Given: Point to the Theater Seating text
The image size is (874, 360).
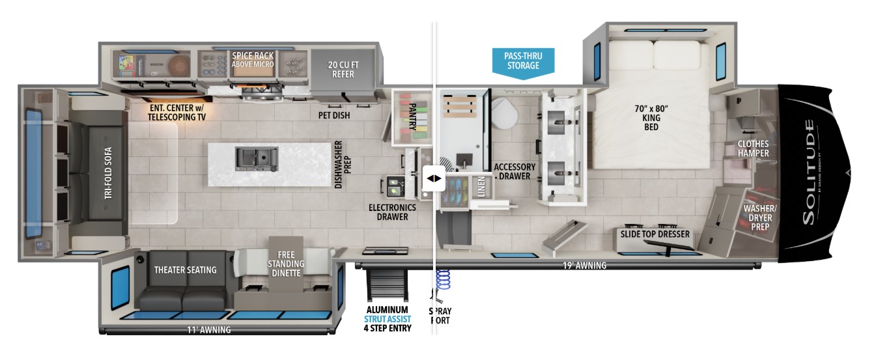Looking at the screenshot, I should tap(185, 270).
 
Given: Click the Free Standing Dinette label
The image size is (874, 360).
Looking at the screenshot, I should tap(286, 263).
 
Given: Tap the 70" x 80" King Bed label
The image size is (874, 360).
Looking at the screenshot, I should tap(651, 117).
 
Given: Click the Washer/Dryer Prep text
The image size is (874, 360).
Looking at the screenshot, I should tap(755, 218).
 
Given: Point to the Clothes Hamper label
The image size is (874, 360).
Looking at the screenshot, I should tap(753, 148).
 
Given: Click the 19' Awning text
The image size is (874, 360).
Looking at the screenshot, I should tap(585, 265).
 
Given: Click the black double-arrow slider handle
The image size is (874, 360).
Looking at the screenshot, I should tap(433, 178).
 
